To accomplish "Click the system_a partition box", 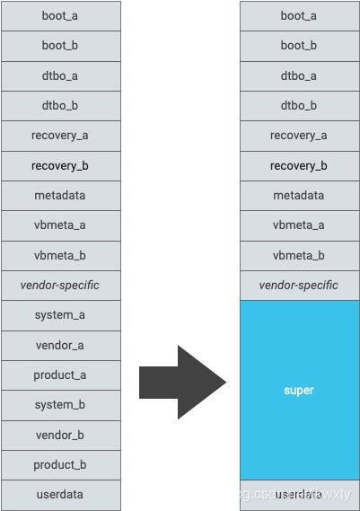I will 60,315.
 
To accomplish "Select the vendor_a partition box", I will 60,345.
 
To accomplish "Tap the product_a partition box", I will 60,375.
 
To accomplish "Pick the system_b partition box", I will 60,405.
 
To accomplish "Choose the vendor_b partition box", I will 60,435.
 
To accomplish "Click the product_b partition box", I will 60,464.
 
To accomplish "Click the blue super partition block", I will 299,390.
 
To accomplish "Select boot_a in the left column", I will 60,16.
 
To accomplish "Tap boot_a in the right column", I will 299,16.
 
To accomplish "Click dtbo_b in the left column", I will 60,106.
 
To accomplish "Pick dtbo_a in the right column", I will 299,76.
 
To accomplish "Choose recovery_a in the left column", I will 60,136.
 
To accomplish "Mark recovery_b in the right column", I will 299,166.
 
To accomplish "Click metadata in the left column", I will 60,196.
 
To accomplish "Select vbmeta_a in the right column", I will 299,225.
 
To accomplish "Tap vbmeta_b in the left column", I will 60,256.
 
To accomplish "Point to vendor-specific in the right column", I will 299,286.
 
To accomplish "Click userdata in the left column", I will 60,495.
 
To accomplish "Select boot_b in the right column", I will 299,46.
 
